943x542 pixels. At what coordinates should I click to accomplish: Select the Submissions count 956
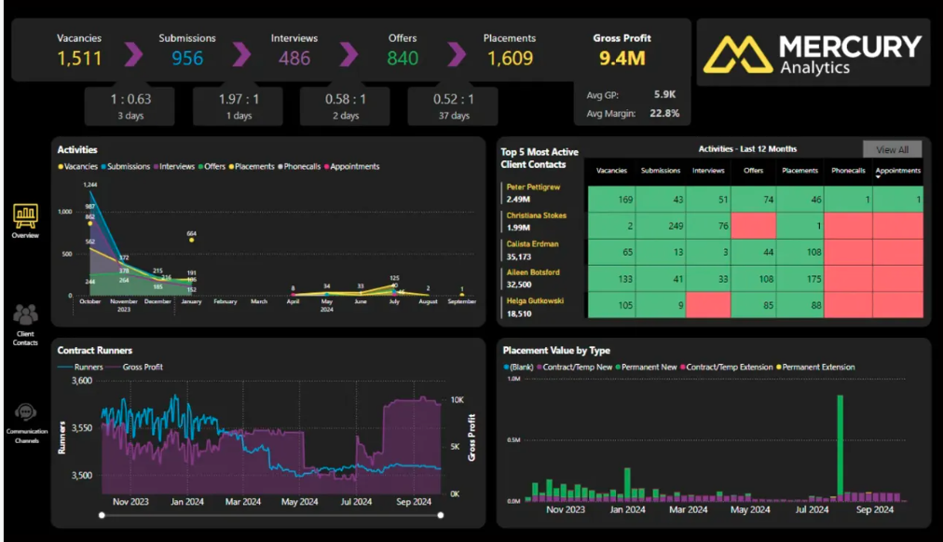tap(187, 59)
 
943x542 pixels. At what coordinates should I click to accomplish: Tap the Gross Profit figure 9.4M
tap(622, 60)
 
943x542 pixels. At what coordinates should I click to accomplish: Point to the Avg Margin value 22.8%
tap(663, 114)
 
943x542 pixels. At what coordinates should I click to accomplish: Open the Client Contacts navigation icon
tap(25, 316)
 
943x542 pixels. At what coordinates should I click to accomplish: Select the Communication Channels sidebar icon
tap(26, 413)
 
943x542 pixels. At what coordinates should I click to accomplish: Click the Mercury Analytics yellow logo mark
tap(736, 54)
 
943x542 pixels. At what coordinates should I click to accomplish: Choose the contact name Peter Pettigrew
tap(534, 188)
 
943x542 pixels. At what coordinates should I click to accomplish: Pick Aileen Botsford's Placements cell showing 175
tap(799, 279)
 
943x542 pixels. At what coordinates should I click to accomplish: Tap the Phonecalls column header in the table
tap(848, 171)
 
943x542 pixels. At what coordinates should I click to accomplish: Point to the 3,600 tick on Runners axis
tap(81, 381)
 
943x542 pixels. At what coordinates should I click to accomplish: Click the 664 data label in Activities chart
tap(192, 234)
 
